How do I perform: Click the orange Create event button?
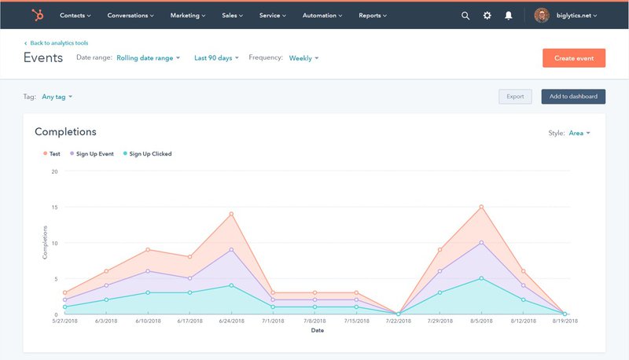point(573,58)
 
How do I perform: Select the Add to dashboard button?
point(572,97)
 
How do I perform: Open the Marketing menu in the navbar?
point(188,15)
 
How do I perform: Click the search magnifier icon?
point(465,15)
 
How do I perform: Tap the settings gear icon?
point(487,15)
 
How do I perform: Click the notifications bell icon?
point(509,15)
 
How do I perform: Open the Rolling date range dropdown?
point(148,57)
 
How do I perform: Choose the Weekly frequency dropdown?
point(303,57)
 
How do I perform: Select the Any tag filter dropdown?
point(57,97)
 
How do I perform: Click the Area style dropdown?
point(579,133)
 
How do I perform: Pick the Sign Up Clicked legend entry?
point(149,154)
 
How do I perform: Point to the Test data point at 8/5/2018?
point(481,207)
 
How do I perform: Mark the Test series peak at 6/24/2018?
point(231,214)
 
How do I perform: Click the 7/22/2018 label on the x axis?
point(398,321)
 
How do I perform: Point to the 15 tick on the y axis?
point(54,207)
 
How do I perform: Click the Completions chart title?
point(65,132)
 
